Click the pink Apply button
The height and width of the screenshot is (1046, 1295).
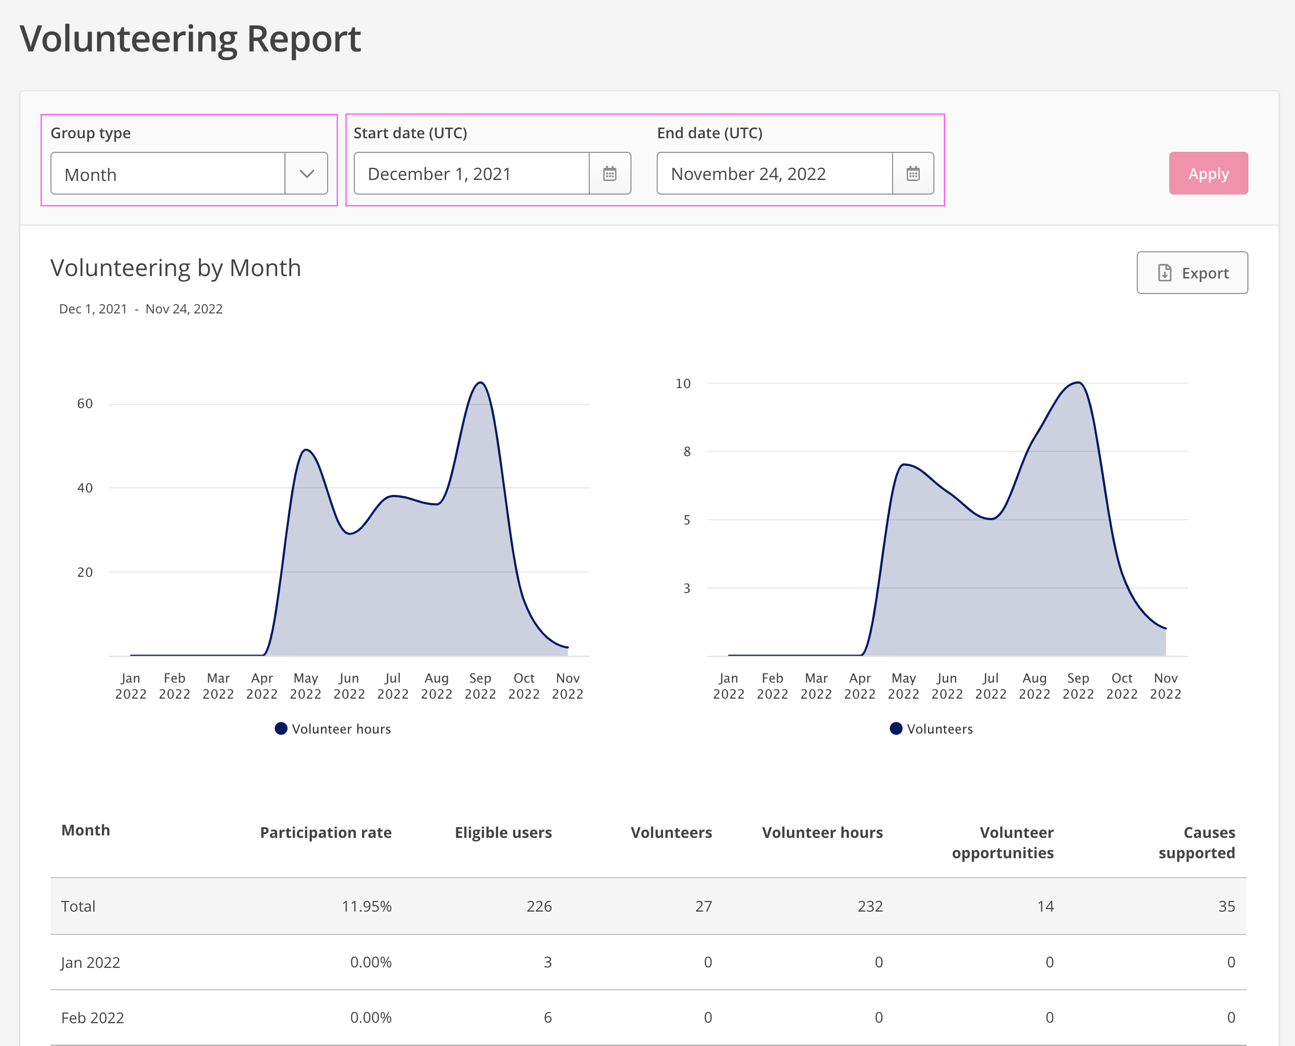pyautogui.click(x=1208, y=174)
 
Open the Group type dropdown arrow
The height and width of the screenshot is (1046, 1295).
pyautogui.click(x=307, y=174)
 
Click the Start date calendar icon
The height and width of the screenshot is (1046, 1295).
pyautogui.click(x=610, y=174)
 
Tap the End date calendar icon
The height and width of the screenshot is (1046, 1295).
pyautogui.click(x=913, y=174)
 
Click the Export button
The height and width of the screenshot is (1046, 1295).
pyautogui.click(x=1192, y=273)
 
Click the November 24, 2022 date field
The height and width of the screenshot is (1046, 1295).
pyautogui.click(x=775, y=174)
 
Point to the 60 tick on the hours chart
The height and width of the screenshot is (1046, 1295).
pyautogui.click(x=85, y=404)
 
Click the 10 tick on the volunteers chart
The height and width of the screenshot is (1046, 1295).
pyautogui.click(x=683, y=383)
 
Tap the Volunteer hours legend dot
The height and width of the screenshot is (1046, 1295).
pyautogui.click(x=281, y=729)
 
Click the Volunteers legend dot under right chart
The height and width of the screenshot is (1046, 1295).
pyautogui.click(x=896, y=729)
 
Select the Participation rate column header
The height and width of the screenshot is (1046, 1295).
pyautogui.click(x=326, y=833)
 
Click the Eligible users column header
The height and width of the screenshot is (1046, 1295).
pyautogui.click(x=503, y=833)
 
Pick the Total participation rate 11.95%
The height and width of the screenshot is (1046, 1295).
pyautogui.click(x=366, y=906)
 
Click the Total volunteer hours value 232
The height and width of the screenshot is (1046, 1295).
pyautogui.click(x=870, y=906)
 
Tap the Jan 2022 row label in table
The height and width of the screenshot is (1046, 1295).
pyautogui.click(x=90, y=962)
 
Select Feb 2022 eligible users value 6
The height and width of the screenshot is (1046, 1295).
pyautogui.click(x=548, y=1018)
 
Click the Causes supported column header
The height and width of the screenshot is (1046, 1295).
pyautogui.click(x=1197, y=842)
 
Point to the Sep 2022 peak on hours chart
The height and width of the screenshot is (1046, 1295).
pyautogui.click(x=480, y=383)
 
